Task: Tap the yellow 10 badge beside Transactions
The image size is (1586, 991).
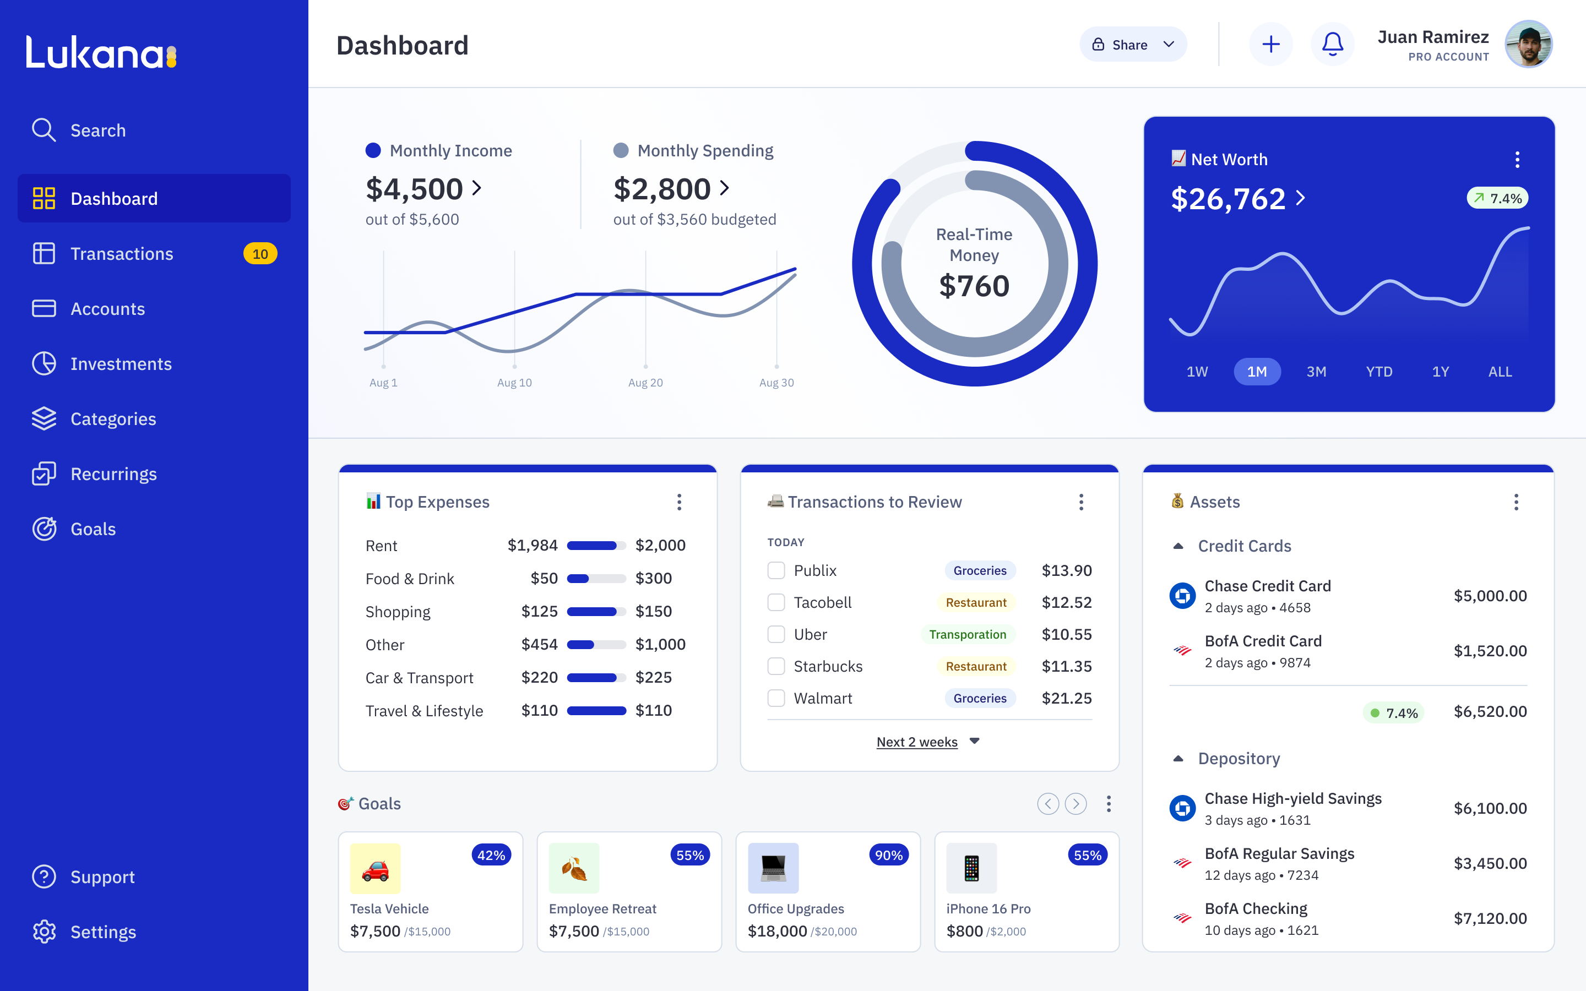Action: coord(260,254)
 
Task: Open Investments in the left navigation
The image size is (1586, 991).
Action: coord(121,364)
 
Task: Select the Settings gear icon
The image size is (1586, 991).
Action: coord(44,932)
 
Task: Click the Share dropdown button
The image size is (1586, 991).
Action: coord(1132,45)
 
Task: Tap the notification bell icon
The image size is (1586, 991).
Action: coord(1332,45)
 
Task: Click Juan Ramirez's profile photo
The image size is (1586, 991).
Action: coord(1528,45)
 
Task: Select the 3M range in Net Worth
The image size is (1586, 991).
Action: coord(1316,372)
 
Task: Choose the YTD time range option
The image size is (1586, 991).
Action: coord(1379,372)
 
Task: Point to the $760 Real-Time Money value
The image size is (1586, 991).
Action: coord(974,286)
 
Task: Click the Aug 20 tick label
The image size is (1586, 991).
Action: coord(645,383)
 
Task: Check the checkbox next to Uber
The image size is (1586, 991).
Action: coord(776,634)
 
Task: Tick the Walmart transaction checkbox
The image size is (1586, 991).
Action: coord(776,698)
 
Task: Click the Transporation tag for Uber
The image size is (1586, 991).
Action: coord(968,634)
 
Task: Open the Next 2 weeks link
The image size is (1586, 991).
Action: coord(917,742)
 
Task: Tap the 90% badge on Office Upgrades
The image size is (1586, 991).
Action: coord(889,856)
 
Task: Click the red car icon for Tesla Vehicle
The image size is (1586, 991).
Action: coord(376,869)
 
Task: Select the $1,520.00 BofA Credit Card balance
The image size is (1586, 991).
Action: coord(1490,651)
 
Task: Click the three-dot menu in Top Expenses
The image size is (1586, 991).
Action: coord(679,502)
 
